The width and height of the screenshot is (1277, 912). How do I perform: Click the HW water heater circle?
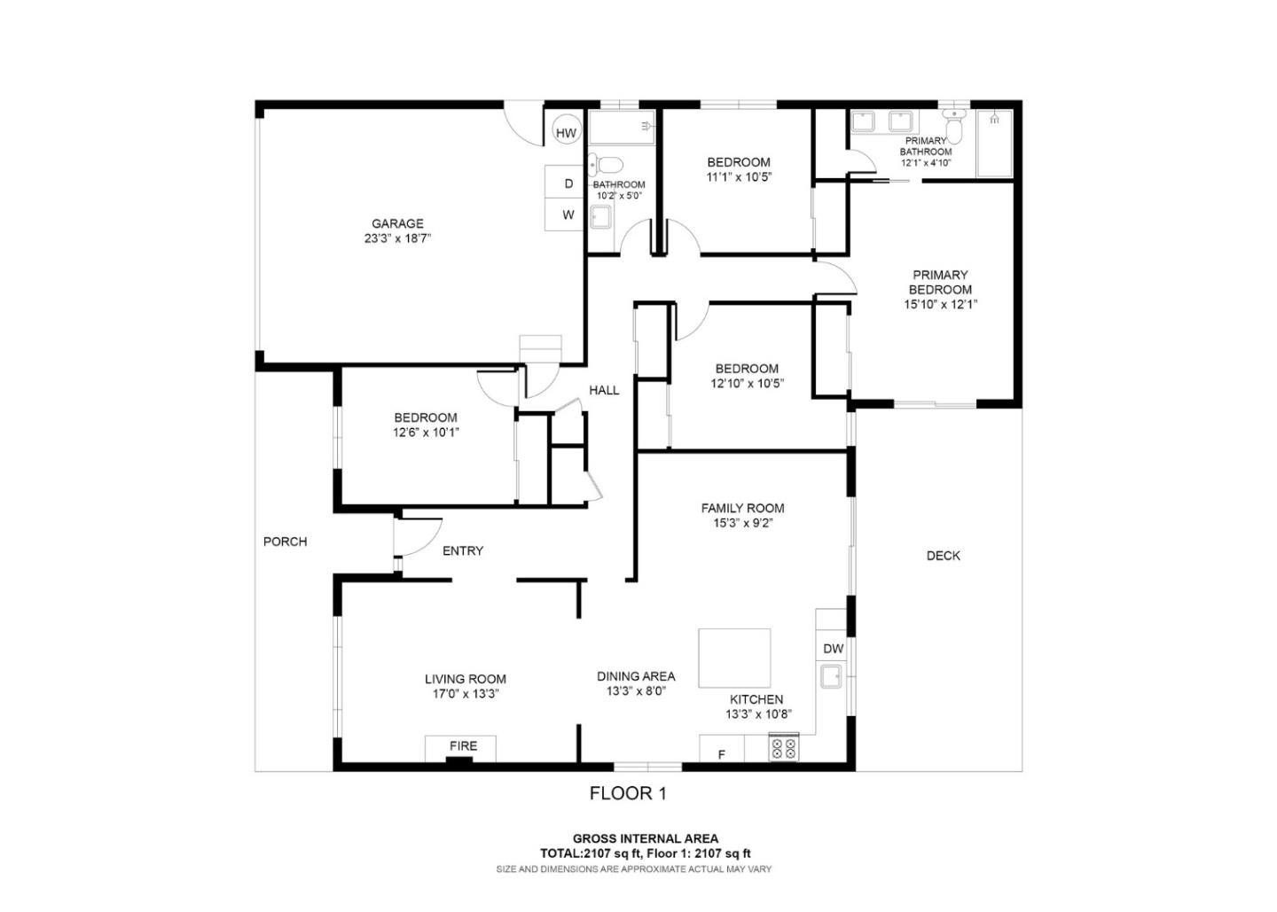[566, 133]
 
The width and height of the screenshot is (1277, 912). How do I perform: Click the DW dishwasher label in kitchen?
[833, 649]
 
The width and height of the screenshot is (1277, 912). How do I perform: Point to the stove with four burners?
[783, 748]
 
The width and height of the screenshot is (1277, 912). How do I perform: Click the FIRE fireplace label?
[463, 746]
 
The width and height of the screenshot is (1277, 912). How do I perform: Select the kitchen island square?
[734, 658]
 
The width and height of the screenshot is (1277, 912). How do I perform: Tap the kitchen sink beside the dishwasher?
[832, 678]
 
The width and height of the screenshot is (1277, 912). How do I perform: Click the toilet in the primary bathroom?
[953, 129]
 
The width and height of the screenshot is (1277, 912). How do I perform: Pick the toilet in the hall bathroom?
[607, 165]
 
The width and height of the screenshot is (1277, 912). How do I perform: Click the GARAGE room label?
[397, 223]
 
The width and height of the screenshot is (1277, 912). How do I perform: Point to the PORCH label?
[285, 542]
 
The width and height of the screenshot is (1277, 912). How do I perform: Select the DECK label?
[943, 556]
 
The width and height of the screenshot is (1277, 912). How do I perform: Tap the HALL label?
[604, 390]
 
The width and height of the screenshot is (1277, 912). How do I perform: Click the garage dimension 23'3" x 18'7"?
[397, 238]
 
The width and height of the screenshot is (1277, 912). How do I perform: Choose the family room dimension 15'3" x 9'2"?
[742, 523]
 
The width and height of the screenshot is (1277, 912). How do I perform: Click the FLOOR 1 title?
[627, 793]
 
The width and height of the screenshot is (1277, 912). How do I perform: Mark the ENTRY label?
[462, 550]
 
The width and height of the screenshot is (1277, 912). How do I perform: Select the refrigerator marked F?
[721, 754]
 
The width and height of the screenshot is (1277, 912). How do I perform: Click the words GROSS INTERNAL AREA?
[645, 838]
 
